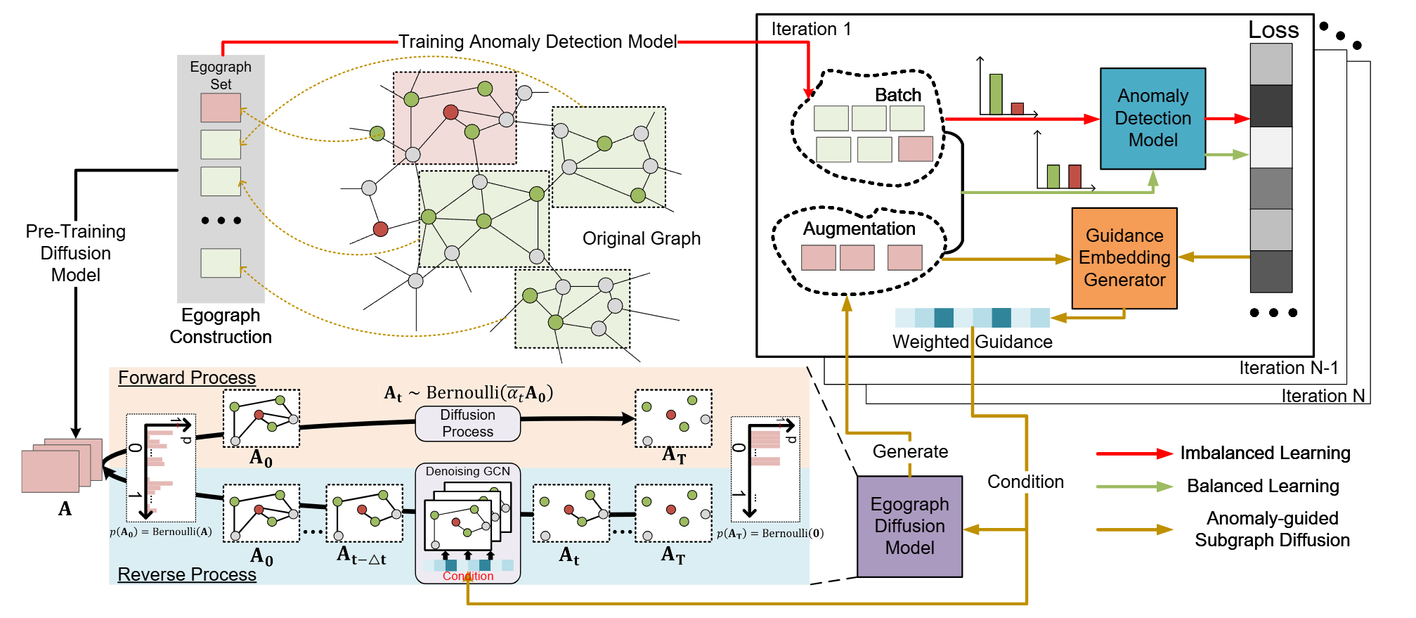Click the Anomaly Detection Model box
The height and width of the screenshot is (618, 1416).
(x=1152, y=118)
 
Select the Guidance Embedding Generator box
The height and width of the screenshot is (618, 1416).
(x=1124, y=257)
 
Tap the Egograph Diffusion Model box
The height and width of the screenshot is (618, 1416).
(x=909, y=526)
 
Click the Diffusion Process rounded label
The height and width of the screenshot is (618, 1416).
(x=467, y=423)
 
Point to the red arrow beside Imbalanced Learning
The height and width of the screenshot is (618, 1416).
(x=1134, y=453)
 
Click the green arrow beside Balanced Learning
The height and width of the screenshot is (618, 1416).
(x=1134, y=487)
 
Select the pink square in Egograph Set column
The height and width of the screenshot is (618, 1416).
(x=221, y=108)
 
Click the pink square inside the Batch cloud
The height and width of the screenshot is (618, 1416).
(x=916, y=149)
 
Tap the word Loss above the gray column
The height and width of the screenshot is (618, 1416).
(x=1273, y=30)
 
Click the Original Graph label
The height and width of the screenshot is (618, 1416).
(x=641, y=238)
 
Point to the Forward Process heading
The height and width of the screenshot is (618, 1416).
(x=186, y=378)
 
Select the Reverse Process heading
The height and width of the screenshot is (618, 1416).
(x=186, y=574)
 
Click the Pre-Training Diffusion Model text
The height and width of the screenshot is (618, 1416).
(x=76, y=253)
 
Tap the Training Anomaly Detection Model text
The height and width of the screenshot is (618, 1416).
(x=538, y=41)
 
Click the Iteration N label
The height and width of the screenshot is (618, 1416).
(x=1322, y=396)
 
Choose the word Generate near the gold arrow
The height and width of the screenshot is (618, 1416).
(x=910, y=451)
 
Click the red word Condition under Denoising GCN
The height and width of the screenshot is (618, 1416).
(x=468, y=577)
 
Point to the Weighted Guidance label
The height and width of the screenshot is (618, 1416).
(x=972, y=342)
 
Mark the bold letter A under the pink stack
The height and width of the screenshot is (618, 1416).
(x=65, y=508)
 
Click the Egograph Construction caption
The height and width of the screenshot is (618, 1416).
(x=221, y=326)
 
